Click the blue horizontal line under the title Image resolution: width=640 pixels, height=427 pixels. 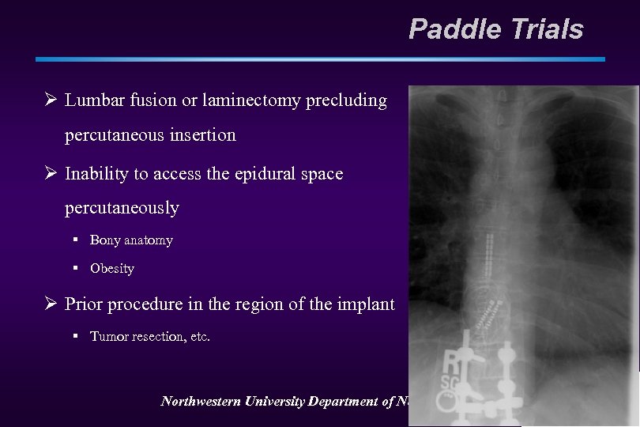click(320, 59)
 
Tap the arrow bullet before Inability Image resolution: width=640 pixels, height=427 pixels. click(50, 174)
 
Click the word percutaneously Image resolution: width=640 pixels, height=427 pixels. click(122, 209)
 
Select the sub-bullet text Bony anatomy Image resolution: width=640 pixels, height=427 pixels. click(131, 240)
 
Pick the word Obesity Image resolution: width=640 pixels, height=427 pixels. click(112, 269)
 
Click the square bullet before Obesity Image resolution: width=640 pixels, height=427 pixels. click(77, 269)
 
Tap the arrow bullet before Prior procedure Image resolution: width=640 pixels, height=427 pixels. click(50, 304)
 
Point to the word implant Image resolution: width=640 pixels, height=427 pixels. click(367, 304)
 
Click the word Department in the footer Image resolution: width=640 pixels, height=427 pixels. click(343, 402)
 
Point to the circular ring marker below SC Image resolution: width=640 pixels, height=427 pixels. click(449, 395)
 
